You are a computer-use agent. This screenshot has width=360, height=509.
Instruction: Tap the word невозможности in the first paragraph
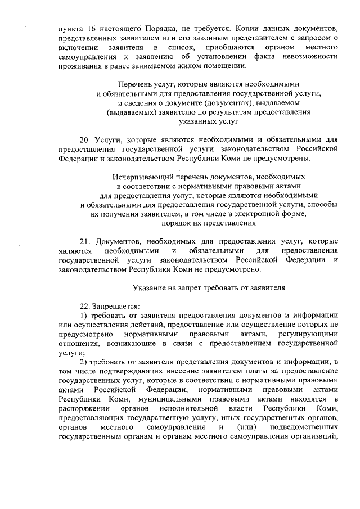pos(305,57)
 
